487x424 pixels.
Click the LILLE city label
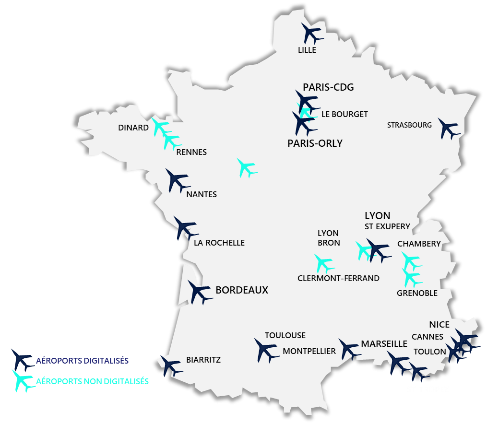click(307, 50)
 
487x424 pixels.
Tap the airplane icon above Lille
click(312, 33)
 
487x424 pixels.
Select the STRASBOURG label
click(409, 125)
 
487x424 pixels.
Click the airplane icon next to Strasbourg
click(449, 129)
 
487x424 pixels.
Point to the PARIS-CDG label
click(328, 87)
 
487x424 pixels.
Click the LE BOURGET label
click(344, 114)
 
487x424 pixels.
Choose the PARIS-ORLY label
click(315, 143)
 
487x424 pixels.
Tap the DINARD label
click(133, 128)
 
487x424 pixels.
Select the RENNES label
click(191, 152)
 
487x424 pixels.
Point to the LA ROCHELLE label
click(219, 243)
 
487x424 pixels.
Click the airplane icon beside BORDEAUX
click(199, 292)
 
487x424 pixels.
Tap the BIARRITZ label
click(203, 360)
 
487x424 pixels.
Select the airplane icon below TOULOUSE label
click(265, 351)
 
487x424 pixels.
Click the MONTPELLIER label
click(309, 351)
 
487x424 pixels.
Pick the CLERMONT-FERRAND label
click(338, 278)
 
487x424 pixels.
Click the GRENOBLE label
click(417, 293)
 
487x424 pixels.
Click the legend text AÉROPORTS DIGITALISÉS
click(83, 360)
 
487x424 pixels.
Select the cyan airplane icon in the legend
click(22, 380)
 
